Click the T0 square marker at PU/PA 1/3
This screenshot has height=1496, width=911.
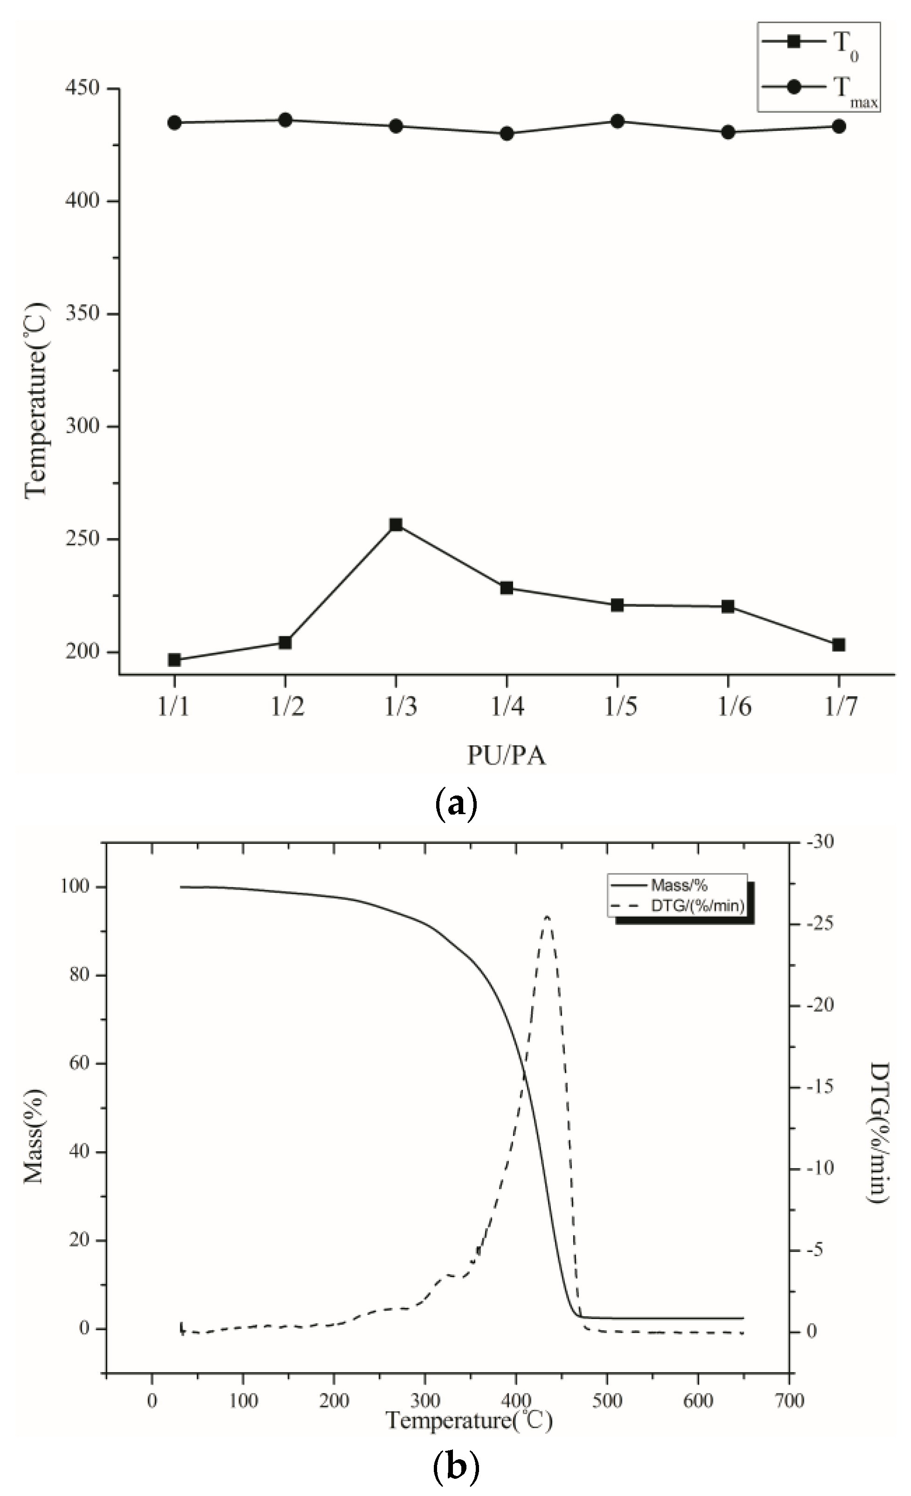396,524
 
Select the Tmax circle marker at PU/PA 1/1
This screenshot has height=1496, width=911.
174,122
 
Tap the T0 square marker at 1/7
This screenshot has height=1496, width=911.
839,645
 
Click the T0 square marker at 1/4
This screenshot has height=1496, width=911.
507,588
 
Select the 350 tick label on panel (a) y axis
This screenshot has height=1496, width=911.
82,314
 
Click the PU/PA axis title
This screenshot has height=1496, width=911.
507,756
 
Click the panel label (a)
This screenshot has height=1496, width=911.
457,804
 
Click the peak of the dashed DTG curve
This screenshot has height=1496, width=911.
547,916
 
